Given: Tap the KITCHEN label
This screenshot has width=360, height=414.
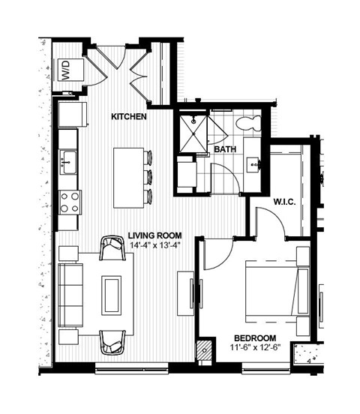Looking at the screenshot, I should pos(128,117).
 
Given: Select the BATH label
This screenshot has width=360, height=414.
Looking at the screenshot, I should pos(224,149).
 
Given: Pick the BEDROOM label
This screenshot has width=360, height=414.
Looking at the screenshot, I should pos(255,337).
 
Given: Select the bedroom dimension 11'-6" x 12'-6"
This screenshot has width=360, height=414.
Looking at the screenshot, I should pos(255,348).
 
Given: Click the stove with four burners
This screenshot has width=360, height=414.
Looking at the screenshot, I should pos(70,202).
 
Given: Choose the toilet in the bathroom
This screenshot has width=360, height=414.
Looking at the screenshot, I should pos(245,122).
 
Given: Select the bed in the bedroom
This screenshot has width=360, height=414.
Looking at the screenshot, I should pos(275,290).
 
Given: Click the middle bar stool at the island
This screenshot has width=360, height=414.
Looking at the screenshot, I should pos(148,177).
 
